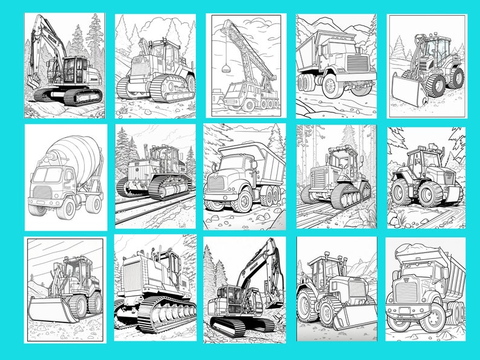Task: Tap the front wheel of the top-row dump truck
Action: click(331, 86)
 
